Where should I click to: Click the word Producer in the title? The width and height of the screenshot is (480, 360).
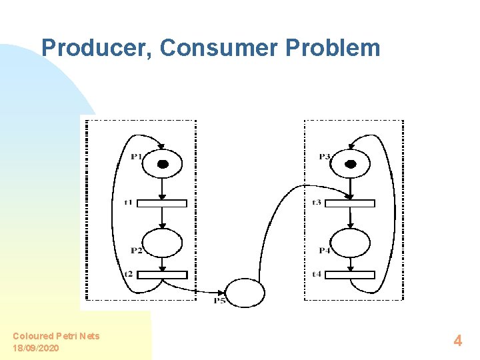tap(97, 48)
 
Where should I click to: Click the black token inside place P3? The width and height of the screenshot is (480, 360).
tap(351, 164)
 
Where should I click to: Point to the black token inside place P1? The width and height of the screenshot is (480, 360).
tap(162, 164)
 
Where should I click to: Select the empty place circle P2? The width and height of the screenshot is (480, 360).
tap(163, 242)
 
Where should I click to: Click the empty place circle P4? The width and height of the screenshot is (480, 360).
tap(351, 242)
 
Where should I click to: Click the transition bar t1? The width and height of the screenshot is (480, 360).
tap(163, 203)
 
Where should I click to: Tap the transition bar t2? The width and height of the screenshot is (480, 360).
tap(163, 275)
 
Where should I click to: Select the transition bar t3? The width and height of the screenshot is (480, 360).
tap(351, 203)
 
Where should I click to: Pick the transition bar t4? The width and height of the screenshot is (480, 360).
tap(351, 275)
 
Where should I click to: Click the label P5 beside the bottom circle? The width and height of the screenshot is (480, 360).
tap(219, 301)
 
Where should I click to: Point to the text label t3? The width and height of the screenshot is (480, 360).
tap(317, 202)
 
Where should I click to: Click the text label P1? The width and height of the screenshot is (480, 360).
tap(136, 157)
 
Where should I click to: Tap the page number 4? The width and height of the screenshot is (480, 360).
tap(457, 341)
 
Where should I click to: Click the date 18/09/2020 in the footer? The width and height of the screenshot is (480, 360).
tap(36, 348)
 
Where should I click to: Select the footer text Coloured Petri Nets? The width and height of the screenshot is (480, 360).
tap(56, 336)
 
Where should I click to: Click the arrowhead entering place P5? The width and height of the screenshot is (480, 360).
tap(222, 292)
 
